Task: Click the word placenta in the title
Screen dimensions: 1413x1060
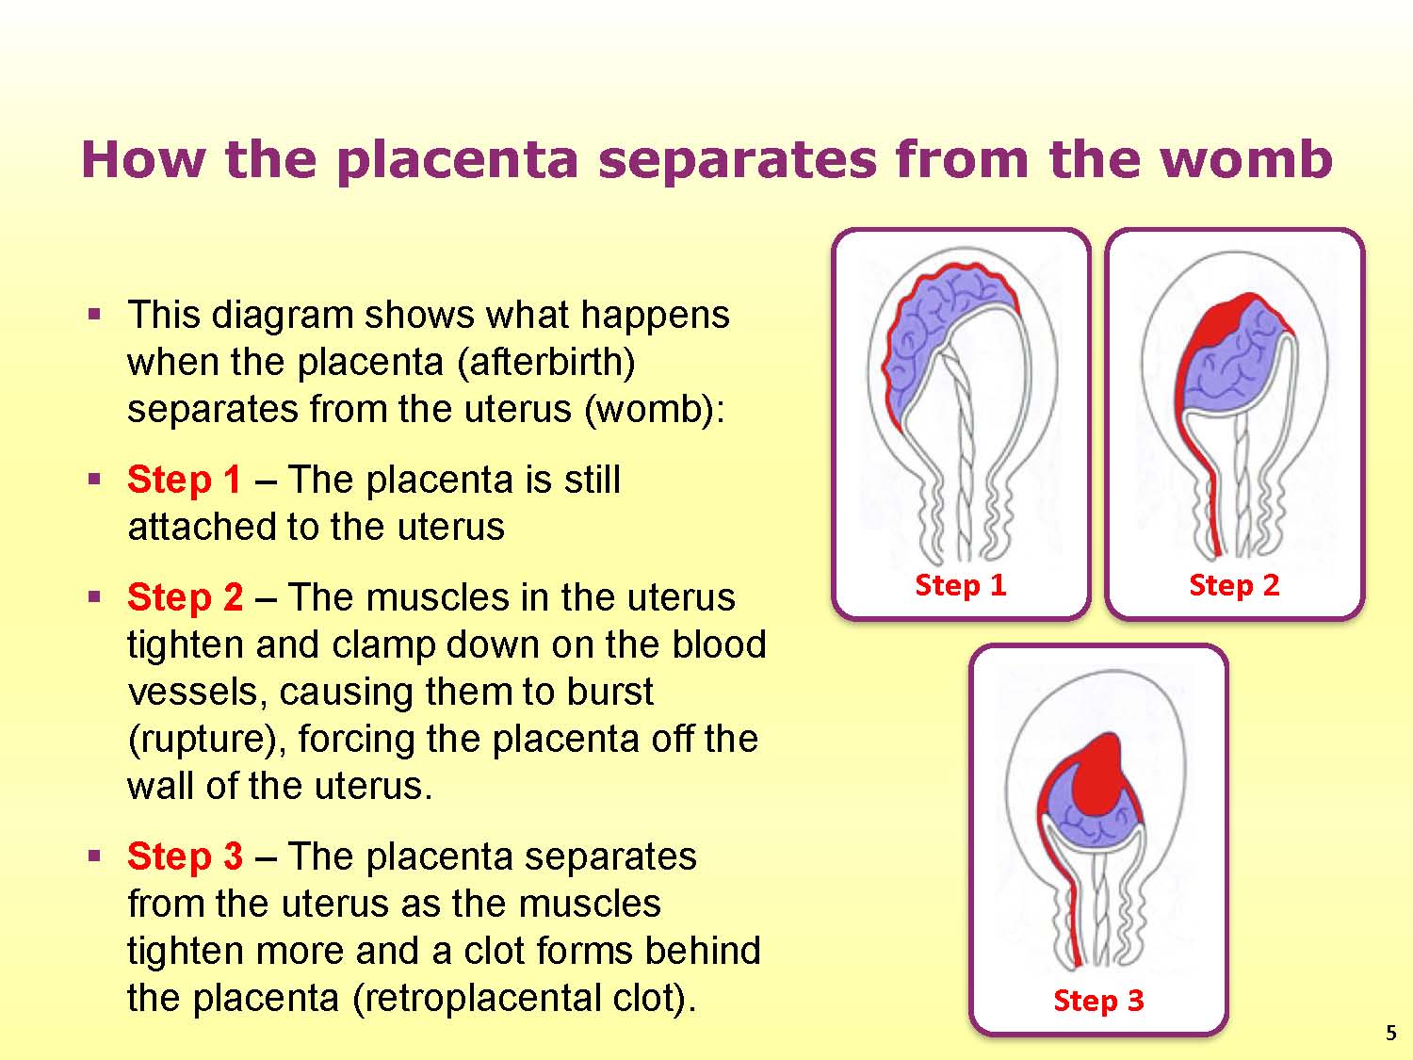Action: click(x=457, y=161)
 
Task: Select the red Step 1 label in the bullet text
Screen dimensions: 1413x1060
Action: click(x=184, y=481)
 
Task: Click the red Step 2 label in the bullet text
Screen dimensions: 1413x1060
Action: click(x=185, y=598)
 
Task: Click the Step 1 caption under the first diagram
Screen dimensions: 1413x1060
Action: click(x=961, y=586)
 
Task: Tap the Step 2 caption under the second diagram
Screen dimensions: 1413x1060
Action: click(x=1234, y=586)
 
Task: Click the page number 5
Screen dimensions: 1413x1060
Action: click(x=1391, y=1033)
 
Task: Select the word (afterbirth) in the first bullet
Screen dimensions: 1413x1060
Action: click(x=545, y=363)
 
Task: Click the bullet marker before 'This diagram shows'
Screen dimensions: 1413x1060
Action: click(x=94, y=316)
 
